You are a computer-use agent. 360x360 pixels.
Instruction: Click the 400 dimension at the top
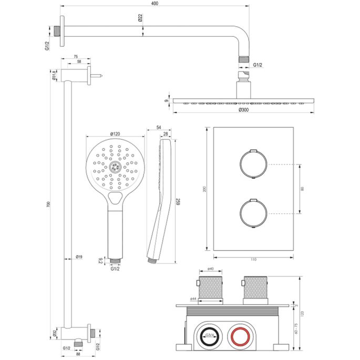tap(153, 4)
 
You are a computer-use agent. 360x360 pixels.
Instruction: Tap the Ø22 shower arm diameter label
tap(141, 18)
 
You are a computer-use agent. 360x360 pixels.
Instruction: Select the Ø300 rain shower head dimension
tap(243, 110)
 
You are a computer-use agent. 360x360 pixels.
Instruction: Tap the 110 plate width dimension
tap(253, 260)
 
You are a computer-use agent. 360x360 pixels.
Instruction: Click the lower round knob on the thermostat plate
tap(253, 212)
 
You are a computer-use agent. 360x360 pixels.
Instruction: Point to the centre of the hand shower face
tap(115, 167)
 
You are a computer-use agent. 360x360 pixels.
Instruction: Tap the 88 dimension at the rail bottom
tap(78, 354)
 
